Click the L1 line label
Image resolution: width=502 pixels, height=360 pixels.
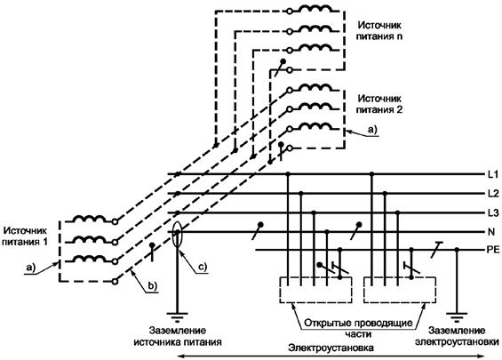(x=493, y=174)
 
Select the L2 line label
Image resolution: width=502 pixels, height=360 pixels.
(x=493, y=194)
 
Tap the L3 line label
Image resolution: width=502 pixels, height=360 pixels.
(x=493, y=212)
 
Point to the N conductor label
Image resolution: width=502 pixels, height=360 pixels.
(x=490, y=232)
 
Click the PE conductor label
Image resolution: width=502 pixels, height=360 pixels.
(x=493, y=250)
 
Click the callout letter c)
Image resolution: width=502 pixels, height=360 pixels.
(x=203, y=267)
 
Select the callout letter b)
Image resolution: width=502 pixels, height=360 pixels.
(x=152, y=286)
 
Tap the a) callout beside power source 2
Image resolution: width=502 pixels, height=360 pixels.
(x=372, y=130)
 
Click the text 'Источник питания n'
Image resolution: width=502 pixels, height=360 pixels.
(x=379, y=31)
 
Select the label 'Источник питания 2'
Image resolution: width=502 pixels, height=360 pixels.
(x=379, y=104)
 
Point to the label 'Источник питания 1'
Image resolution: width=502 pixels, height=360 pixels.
(x=25, y=236)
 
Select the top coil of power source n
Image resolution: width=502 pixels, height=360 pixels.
(x=315, y=9)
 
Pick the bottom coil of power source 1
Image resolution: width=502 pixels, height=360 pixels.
(x=89, y=258)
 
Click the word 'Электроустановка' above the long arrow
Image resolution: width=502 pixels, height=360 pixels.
(x=331, y=348)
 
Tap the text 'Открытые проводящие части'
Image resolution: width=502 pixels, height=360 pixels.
(x=358, y=328)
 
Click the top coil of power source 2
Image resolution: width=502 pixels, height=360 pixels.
(x=315, y=87)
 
